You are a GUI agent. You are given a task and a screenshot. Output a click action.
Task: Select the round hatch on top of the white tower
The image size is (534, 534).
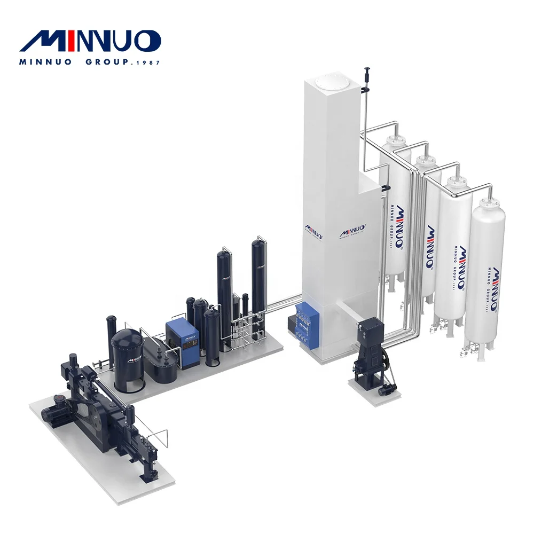pos(327,82)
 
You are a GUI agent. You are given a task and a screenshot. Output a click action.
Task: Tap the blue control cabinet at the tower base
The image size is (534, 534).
pos(310,323)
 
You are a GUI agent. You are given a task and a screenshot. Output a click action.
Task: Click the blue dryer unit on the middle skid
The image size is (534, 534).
pos(182,343)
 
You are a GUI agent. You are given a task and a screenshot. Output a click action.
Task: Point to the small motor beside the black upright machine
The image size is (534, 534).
pos(386,390)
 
